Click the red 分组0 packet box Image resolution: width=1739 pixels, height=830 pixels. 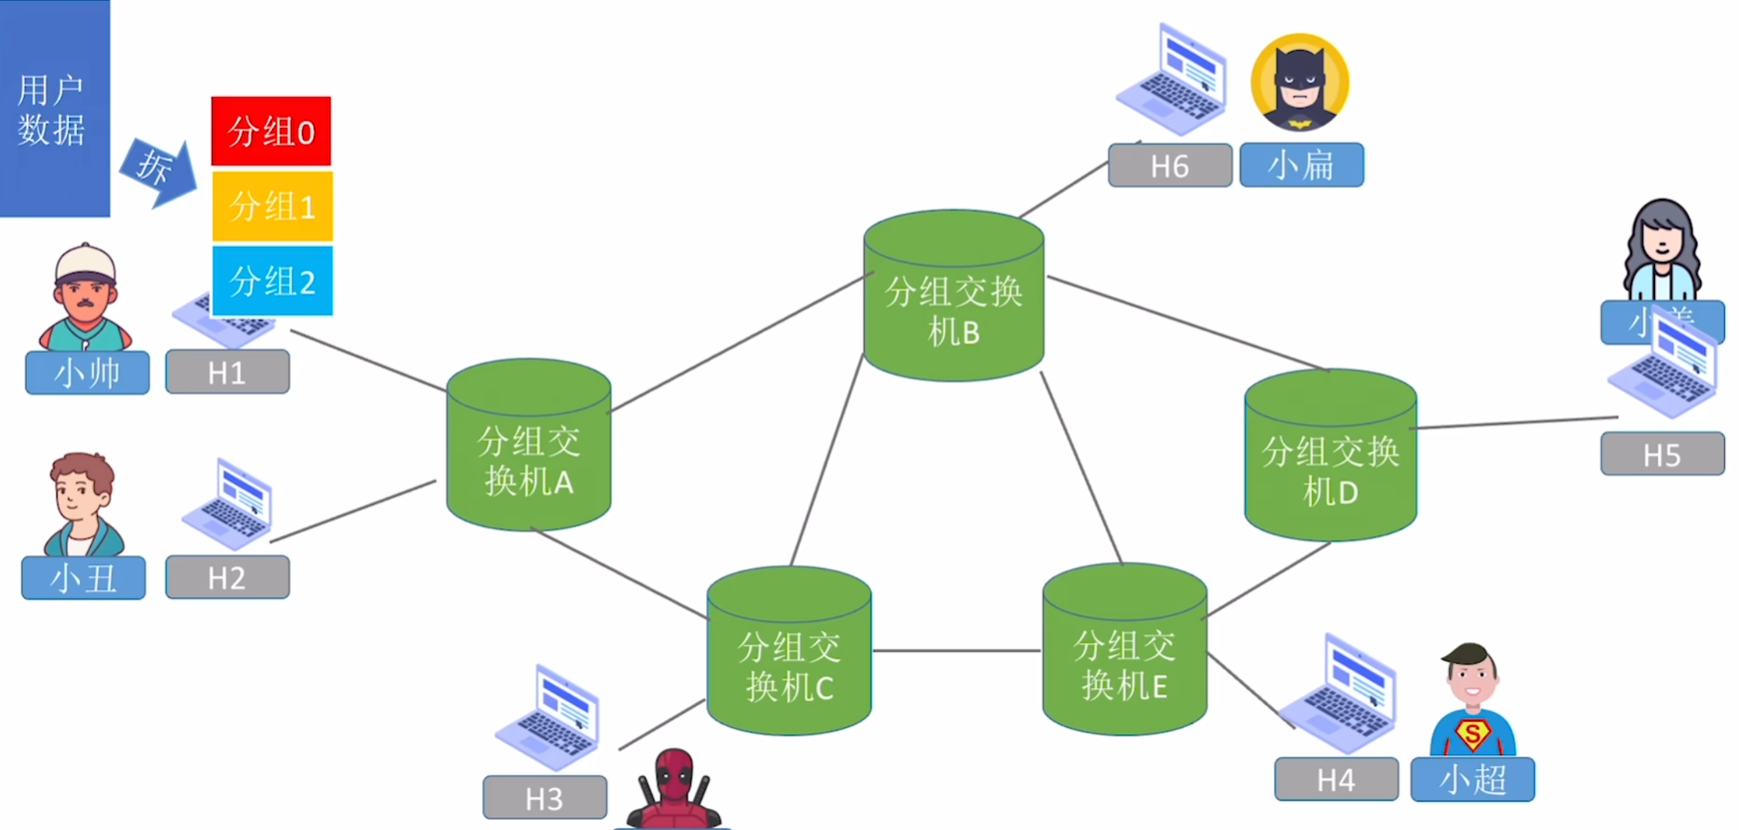tap(271, 131)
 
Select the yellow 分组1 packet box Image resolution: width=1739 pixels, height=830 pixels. tap(272, 207)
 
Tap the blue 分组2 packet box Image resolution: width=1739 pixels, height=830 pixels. tap(272, 281)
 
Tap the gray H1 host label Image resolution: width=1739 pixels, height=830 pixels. tap(227, 372)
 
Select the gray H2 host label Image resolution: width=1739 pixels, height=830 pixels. tap(227, 577)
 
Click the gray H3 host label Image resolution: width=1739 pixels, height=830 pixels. tap(544, 798)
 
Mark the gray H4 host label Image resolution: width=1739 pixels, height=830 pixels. tap(1336, 779)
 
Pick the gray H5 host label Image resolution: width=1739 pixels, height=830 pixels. tap(1662, 454)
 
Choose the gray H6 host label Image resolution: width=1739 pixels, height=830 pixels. tap(1169, 165)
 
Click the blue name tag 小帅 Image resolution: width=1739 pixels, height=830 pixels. tap(87, 373)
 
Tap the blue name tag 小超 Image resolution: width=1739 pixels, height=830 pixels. tap(1472, 779)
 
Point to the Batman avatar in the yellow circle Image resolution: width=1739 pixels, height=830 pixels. tap(1300, 82)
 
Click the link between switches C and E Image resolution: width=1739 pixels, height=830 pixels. tap(957, 651)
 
